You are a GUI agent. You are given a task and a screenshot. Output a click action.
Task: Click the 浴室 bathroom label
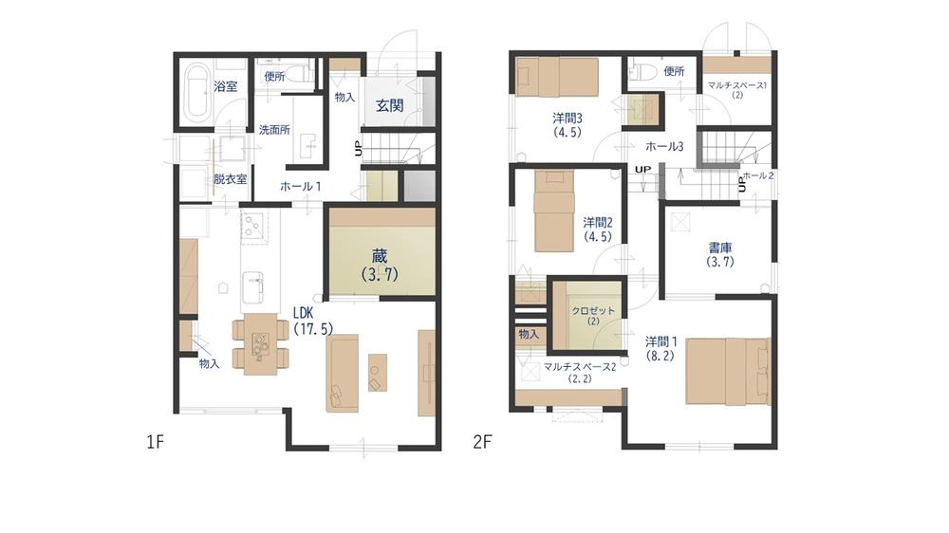click(226, 86)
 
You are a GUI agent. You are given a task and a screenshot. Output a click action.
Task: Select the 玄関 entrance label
click(389, 105)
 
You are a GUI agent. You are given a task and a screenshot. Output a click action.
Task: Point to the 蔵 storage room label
click(380, 256)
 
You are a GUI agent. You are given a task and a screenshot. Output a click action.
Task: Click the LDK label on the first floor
click(303, 313)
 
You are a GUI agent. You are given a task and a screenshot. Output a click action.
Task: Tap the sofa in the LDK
click(342, 374)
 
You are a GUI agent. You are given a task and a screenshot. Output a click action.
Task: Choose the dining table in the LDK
click(260, 343)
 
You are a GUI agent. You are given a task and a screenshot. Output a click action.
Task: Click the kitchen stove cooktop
click(254, 228)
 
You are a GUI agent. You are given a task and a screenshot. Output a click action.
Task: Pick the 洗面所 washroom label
click(274, 130)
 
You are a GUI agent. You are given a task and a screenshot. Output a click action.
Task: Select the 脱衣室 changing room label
click(230, 179)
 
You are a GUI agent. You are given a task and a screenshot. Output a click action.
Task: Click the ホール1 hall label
click(300, 186)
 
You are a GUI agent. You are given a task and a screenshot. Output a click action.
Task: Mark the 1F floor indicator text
click(155, 442)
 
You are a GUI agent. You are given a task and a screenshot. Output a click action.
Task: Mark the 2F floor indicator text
click(482, 442)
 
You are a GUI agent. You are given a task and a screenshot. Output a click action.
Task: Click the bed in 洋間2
click(553, 211)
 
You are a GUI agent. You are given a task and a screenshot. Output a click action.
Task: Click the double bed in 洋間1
click(728, 371)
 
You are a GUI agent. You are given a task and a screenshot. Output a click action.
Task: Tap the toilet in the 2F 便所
click(639, 71)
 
